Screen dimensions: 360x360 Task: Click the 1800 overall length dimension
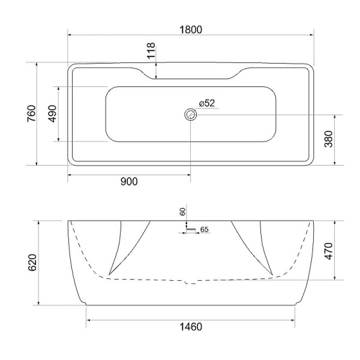click(190, 29)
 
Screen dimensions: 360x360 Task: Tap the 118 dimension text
click(151, 51)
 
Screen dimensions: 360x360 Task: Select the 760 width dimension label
click(31, 113)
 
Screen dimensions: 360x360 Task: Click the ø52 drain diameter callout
click(206, 103)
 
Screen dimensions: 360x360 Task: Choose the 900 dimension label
click(128, 182)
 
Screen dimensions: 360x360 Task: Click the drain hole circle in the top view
click(191, 114)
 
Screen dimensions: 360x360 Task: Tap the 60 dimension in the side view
click(182, 212)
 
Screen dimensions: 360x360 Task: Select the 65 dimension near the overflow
click(204, 229)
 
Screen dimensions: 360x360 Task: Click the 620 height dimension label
click(32, 263)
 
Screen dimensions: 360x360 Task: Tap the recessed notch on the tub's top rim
click(191, 76)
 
